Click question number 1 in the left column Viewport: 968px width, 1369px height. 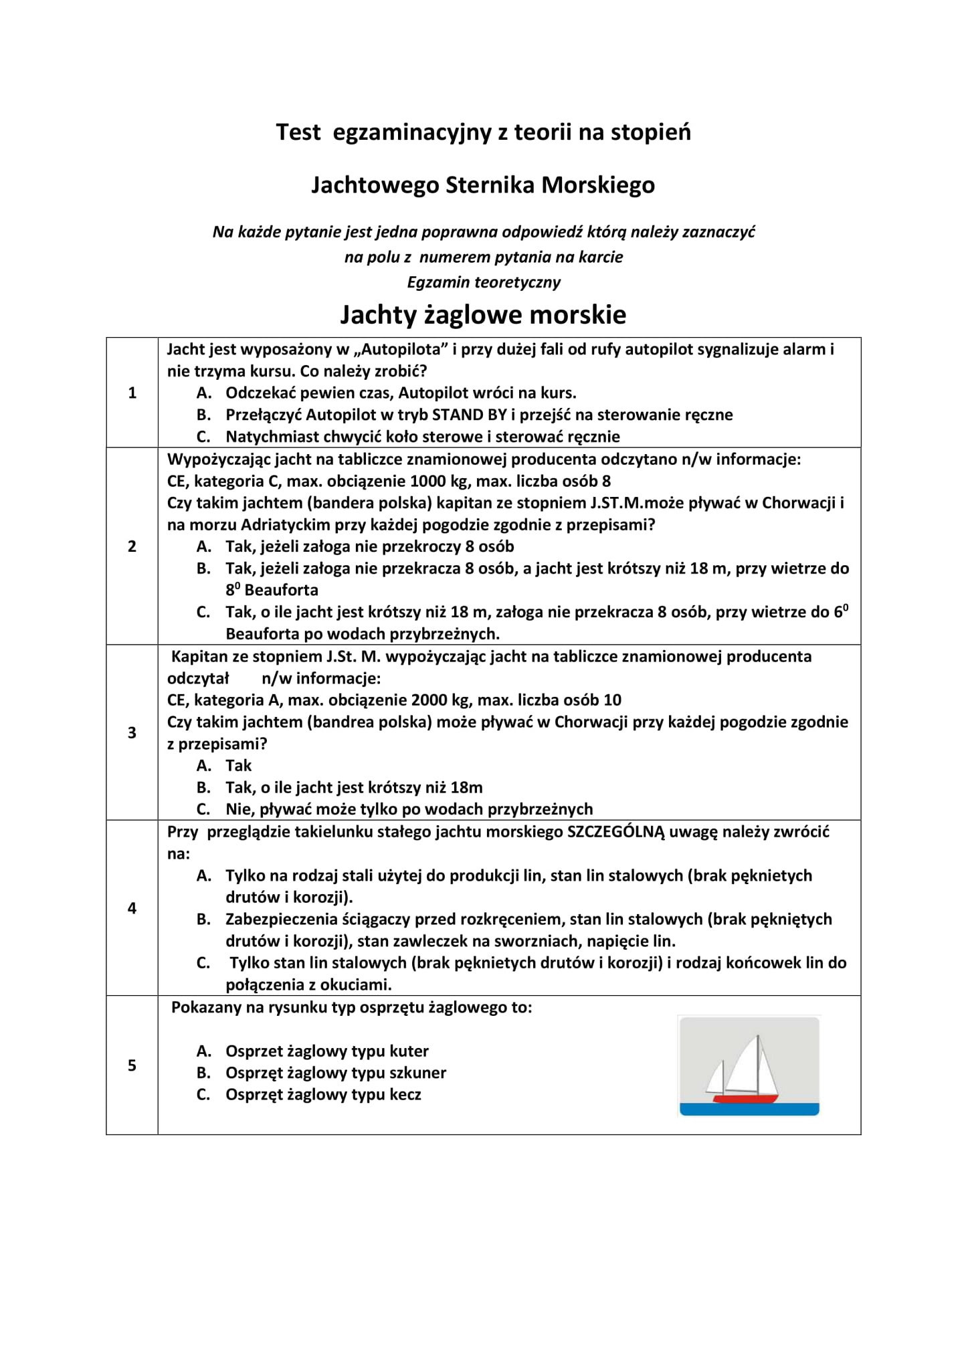click(x=132, y=393)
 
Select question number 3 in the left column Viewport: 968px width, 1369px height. click(x=132, y=732)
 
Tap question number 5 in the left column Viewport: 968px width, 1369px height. click(x=132, y=1065)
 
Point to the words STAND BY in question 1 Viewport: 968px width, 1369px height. click(x=470, y=415)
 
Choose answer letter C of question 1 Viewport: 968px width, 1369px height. click(x=203, y=437)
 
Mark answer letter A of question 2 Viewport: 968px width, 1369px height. click(x=203, y=546)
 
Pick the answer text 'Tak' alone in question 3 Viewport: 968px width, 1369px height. click(x=238, y=765)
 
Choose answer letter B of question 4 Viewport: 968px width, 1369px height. click(x=203, y=919)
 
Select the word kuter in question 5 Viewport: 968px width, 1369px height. click(x=409, y=1051)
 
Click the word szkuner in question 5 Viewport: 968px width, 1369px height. click(x=417, y=1073)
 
